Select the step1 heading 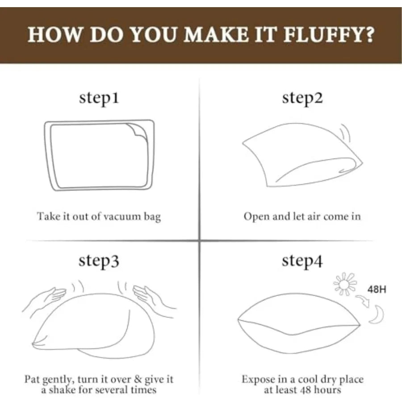(x=99, y=98)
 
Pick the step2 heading (x=302, y=98)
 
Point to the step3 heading (x=99, y=261)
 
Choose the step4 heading (x=302, y=261)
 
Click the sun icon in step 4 (x=345, y=284)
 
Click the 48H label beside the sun (x=377, y=289)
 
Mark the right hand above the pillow (x=154, y=299)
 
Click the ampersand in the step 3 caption (x=138, y=379)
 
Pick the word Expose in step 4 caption (x=257, y=380)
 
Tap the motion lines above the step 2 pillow (x=346, y=132)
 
